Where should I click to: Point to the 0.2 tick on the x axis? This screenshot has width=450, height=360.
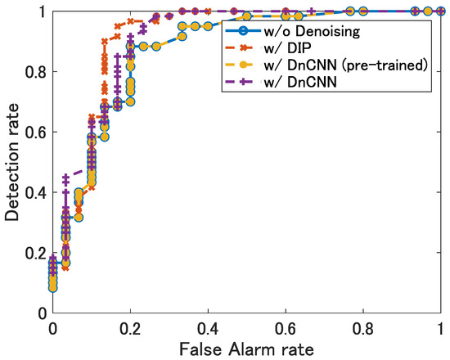click(x=130, y=328)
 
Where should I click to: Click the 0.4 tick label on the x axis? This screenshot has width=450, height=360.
click(x=208, y=328)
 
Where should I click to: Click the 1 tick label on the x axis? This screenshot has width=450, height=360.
click(x=440, y=328)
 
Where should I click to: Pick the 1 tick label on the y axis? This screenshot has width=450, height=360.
click(x=42, y=11)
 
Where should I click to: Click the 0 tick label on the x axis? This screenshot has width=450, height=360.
click(x=53, y=328)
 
